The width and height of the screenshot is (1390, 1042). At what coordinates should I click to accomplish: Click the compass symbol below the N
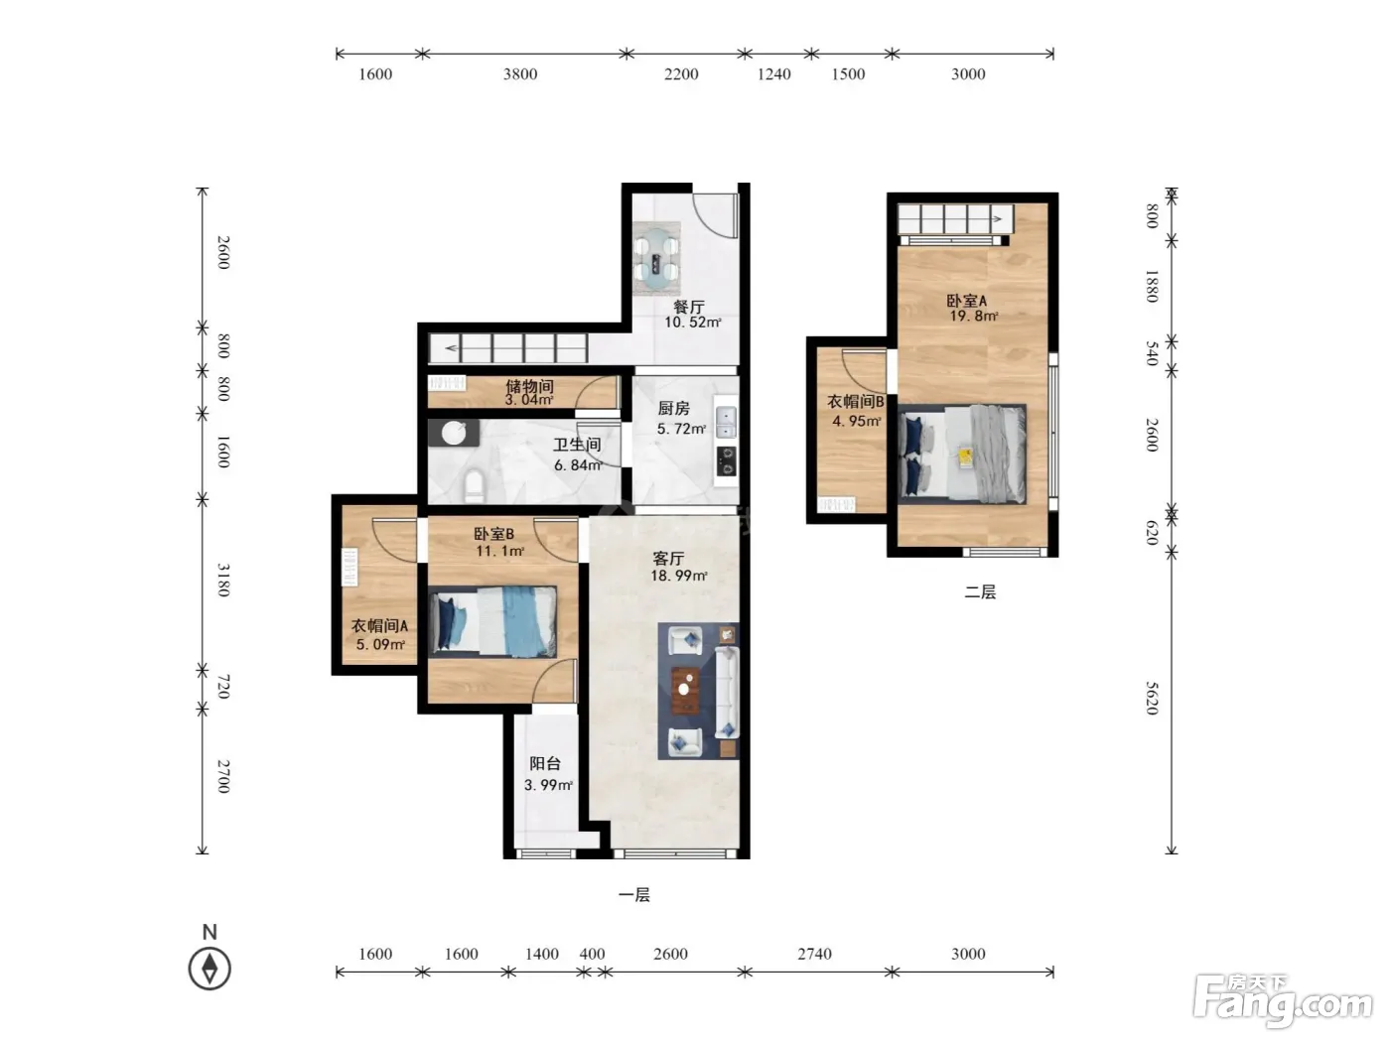click(209, 969)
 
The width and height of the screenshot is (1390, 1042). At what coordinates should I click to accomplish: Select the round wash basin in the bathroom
click(454, 434)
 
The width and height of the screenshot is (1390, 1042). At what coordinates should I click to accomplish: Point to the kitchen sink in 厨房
click(726, 423)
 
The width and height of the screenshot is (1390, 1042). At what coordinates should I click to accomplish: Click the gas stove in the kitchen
click(727, 460)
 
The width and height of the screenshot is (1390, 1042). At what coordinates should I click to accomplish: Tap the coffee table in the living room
click(685, 691)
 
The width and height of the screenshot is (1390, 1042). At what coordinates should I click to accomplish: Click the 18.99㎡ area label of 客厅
click(679, 576)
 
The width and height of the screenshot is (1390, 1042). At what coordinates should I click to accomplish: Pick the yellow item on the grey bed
click(966, 456)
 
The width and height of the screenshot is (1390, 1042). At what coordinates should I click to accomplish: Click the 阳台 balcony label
click(545, 763)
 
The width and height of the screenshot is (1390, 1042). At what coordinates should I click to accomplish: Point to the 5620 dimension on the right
click(1152, 698)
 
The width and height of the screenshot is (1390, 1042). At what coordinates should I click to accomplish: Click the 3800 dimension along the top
click(520, 74)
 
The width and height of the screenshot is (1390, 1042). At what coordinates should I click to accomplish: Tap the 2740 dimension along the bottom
click(814, 954)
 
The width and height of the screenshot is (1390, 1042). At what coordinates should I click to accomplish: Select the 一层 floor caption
click(633, 894)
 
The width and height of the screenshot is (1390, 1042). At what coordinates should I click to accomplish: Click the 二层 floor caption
click(980, 592)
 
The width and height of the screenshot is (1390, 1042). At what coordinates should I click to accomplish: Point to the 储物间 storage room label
click(529, 385)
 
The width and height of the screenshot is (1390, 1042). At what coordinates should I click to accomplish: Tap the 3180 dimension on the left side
click(223, 581)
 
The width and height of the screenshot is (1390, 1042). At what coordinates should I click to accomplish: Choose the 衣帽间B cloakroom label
click(856, 401)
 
